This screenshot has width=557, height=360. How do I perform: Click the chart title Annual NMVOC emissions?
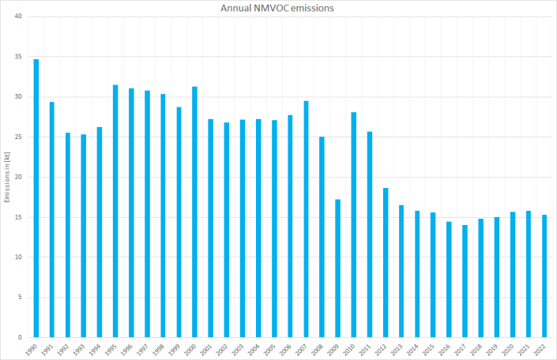point(278,9)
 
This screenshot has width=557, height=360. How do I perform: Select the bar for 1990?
point(36,197)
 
